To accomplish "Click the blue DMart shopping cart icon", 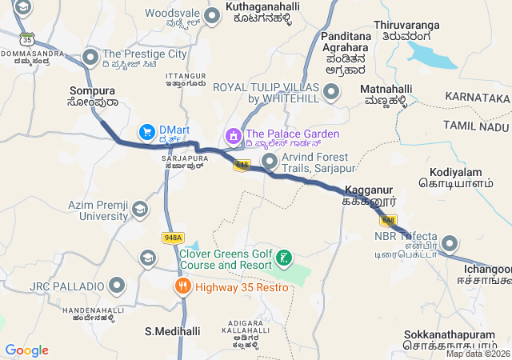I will click(x=146, y=130).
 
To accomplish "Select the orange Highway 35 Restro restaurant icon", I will click(x=183, y=286).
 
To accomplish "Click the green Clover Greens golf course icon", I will click(x=283, y=258).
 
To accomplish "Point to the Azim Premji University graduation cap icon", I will click(x=140, y=210).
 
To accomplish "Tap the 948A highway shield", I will click(x=172, y=238).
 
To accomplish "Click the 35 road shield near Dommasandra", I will click(x=28, y=38).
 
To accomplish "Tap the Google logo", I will click(x=26, y=350).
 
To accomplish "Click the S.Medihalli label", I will click(x=172, y=330).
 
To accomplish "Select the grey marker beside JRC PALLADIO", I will click(x=118, y=286).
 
